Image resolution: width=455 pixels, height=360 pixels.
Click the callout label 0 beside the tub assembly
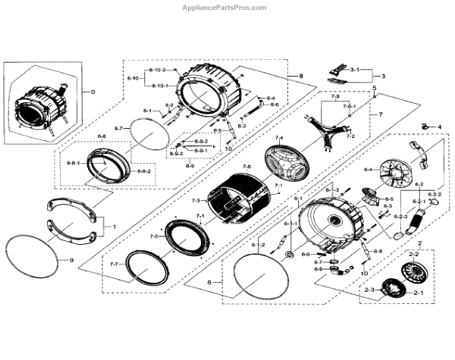(93, 92)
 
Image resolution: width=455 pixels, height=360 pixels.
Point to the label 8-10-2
(158, 70)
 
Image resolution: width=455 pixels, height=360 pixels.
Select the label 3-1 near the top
(354, 69)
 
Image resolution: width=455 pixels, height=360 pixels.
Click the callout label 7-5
(154, 236)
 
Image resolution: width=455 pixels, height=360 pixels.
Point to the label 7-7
(114, 264)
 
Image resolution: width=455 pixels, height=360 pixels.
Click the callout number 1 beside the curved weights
(114, 227)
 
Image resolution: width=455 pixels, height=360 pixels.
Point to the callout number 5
(374, 89)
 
